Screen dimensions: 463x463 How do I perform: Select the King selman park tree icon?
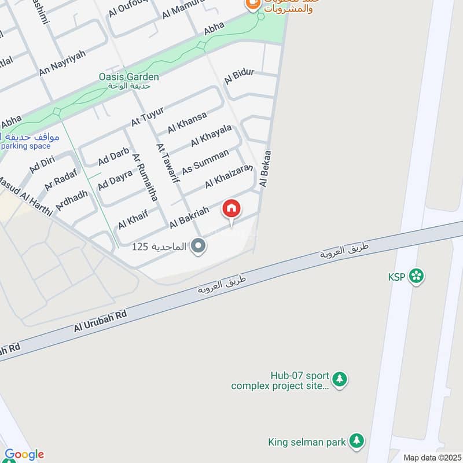click(x=358, y=442)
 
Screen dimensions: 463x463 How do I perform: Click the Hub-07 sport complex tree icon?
click(x=341, y=379)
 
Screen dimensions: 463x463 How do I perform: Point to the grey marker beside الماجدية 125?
click(x=199, y=247)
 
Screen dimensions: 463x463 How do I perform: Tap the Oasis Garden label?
click(x=128, y=76)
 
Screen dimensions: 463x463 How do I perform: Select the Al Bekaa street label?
click(x=266, y=167)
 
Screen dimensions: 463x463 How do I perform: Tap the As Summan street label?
click(x=205, y=161)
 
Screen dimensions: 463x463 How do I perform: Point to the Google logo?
click(x=24, y=455)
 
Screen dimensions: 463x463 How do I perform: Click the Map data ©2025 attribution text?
click(x=431, y=457)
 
